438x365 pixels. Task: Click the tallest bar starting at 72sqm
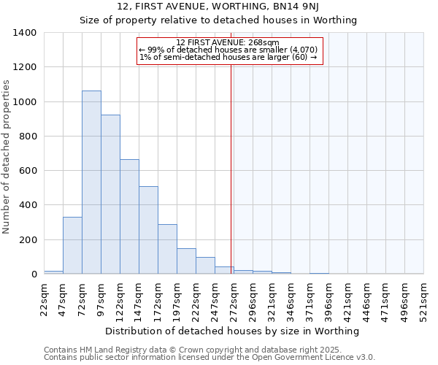91,182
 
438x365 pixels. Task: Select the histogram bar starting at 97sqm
110,194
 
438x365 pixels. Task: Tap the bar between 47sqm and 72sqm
72,245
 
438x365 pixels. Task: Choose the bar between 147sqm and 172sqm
148,230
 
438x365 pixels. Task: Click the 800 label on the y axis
27,137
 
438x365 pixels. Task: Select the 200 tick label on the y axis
27,240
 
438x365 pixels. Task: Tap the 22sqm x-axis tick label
44,299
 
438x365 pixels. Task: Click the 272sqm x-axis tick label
234,299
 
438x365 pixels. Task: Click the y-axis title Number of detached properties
7,157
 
